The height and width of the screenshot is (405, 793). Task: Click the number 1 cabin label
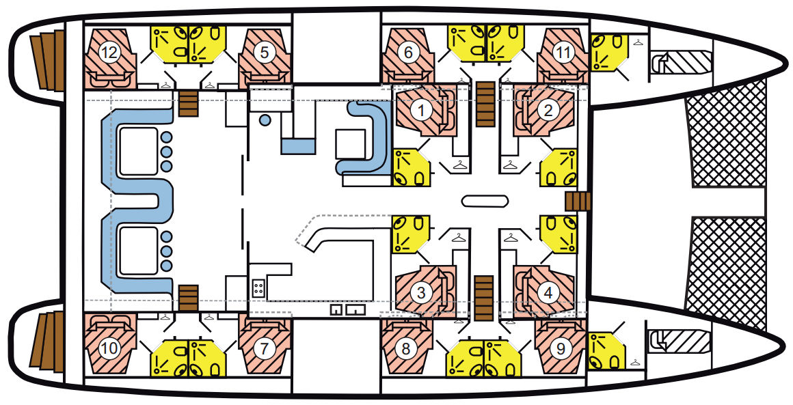pos(419,111)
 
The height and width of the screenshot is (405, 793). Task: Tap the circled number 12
pos(110,53)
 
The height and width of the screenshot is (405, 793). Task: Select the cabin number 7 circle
pos(265,348)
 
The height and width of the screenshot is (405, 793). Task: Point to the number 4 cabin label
pos(548,292)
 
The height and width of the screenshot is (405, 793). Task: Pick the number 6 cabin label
pos(408,53)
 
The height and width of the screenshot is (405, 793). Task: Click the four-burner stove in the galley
pos(258,288)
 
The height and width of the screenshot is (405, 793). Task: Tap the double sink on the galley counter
pos(348,309)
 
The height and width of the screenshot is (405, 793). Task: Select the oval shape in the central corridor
pos(485,201)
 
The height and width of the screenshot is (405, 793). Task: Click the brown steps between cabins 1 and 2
pos(485,104)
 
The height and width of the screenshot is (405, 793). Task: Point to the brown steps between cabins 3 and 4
pos(483,298)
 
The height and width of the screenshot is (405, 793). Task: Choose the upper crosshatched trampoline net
pos(725,134)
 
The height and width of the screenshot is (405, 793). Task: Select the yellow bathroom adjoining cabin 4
pos(559,234)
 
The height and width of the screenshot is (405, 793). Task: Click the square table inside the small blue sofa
pos(351,143)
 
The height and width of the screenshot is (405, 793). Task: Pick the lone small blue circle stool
pos(265,120)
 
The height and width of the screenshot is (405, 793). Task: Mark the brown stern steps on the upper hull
pos(47,61)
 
